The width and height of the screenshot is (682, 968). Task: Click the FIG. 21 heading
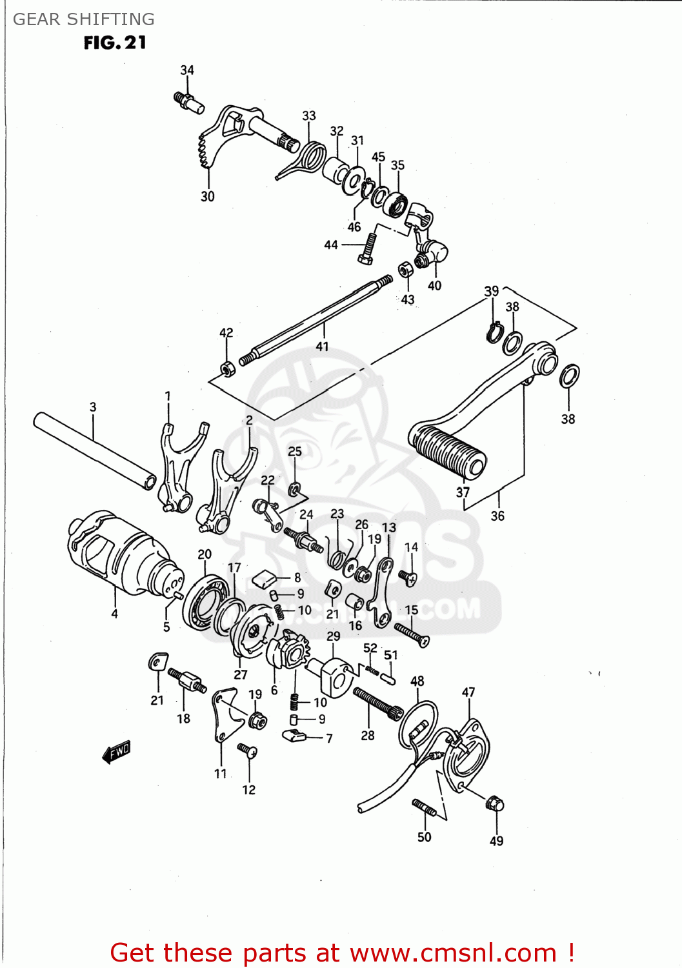click(x=115, y=43)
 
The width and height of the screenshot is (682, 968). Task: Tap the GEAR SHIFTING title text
click(x=84, y=19)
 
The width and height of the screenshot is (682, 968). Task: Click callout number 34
click(x=187, y=70)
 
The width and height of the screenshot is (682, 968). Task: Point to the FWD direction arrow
click(x=117, y=752)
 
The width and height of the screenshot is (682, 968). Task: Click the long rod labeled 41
click(x=316, y=319)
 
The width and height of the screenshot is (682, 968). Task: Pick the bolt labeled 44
click(x=368, y=248)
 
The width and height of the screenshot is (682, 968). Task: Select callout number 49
click(x=496, y=840)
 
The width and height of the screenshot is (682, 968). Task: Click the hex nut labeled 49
click(x=495, y=804)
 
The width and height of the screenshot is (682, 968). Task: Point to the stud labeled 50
click(x=424, y=808)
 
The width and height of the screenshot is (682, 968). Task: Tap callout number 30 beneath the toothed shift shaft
click(x=207, y=196)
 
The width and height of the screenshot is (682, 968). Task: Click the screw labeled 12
click(x=248, y=751)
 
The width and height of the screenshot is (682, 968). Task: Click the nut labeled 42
click(x=227, y=369)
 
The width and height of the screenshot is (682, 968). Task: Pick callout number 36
click(x=497, y=516)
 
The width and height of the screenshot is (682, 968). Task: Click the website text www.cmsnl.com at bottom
click(x=453, y=953)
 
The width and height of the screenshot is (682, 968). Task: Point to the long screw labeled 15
click(x=412, y=633)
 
